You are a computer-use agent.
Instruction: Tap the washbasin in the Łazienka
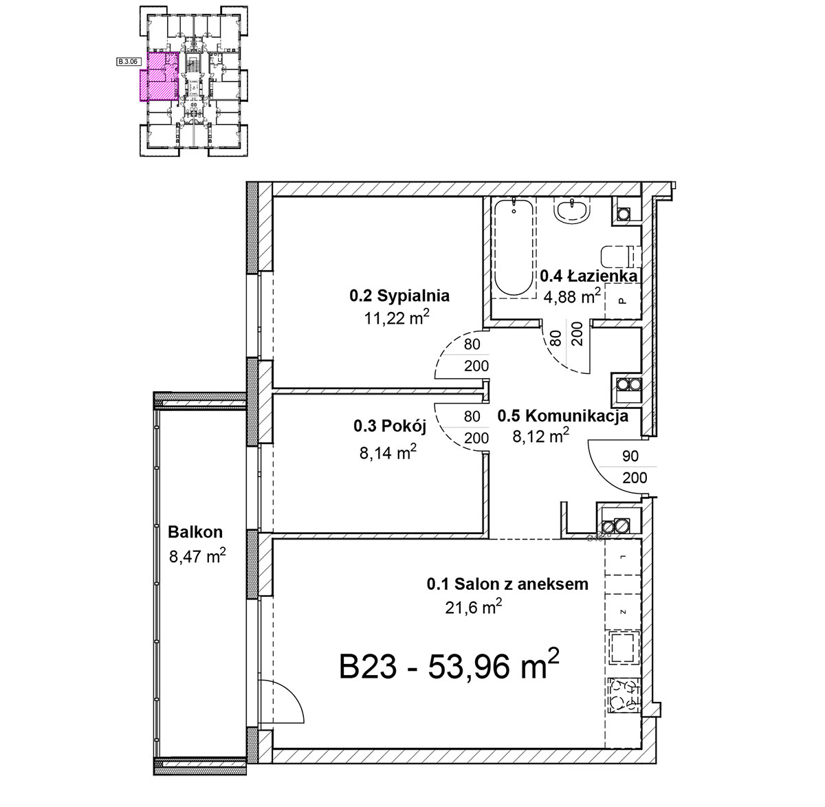[x=572, y=212]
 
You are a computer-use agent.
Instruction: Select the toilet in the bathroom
[x=621, y=257]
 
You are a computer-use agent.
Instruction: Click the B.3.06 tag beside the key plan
[x=128, y=61]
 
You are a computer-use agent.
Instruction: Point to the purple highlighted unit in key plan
[x=159, y=77]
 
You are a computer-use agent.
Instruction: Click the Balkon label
[x=195, y=532]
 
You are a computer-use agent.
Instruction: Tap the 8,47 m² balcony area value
[x=197, y=555]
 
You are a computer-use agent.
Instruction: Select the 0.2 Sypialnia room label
[x=399, y=296]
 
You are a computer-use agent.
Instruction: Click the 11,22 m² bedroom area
[x=397, y=318]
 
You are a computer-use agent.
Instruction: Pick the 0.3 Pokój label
[x=390, y=426]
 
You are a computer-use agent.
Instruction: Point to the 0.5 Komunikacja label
[x=562, y=416]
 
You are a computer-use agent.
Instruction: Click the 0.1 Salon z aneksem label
[x=507, y=584]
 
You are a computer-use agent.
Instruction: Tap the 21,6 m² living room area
[x=474, y=606]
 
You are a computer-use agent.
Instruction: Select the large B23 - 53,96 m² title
[x=450, y=665]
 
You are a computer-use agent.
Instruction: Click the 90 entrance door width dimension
[x=630, y=456]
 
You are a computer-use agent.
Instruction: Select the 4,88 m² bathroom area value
[x=572, y=296]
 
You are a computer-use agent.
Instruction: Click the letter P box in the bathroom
[x=622, y=301]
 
